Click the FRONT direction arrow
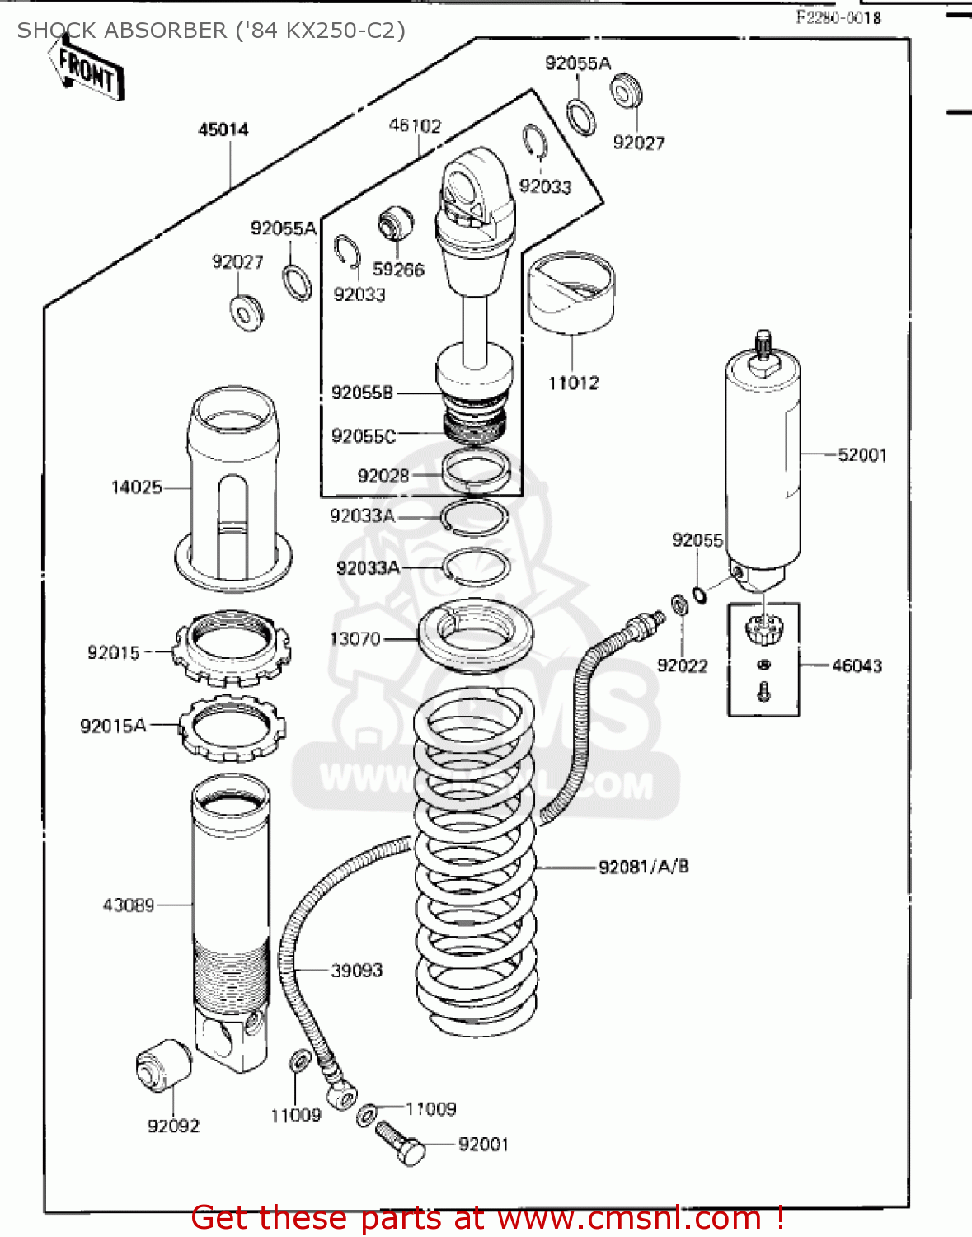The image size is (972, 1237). click(87, 72)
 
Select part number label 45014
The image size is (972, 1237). click(223, 129)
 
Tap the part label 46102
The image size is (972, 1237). click(415, 125)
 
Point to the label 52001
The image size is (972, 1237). click(862, 455)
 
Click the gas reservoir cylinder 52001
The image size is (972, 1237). click(763, 462)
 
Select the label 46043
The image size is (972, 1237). click(857, 666)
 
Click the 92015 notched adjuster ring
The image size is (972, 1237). click(232, 650)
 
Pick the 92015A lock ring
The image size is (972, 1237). click(233, 727)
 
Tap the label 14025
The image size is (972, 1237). click(137, 487)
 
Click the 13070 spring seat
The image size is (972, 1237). click(476, 637)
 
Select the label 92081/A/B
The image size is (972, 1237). click(643, 867)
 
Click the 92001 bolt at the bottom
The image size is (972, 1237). click(400, 1143)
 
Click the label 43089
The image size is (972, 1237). click(129, 905)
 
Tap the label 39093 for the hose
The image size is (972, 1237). click(357, 971)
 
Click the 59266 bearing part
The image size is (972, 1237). click(395, 223)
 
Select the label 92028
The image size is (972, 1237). click(383, 476)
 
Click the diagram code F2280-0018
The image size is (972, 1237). click(838, 17)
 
